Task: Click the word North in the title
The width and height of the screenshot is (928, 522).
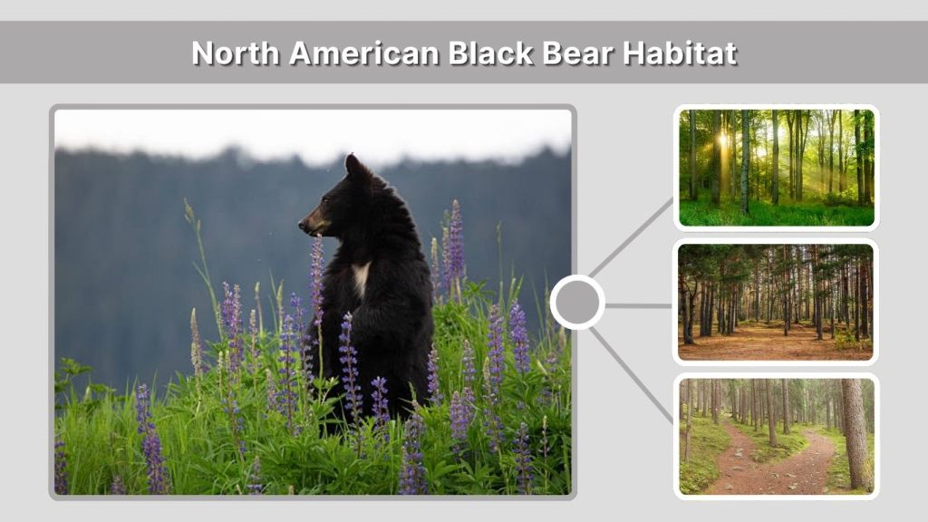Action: pos(236,53)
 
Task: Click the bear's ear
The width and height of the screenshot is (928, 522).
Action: pos(353,165)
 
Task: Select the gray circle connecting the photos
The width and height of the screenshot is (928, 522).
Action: pos(577,302)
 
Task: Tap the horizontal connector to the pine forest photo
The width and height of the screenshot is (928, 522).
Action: pos(639,305)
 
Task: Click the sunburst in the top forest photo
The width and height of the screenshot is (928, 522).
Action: pos(724,140)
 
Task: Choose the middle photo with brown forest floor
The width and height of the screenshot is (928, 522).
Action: pos(776,302)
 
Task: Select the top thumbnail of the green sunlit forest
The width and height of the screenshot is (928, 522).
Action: pos(776,168)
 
